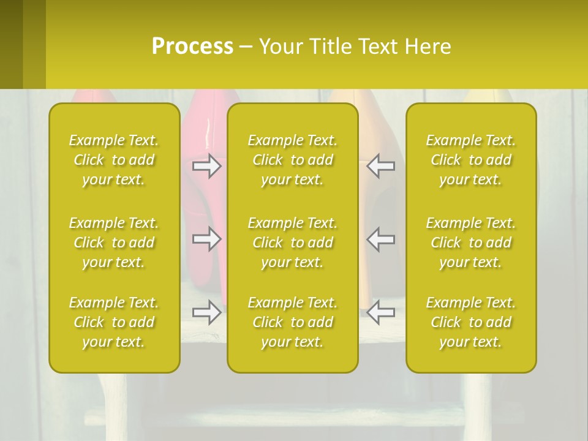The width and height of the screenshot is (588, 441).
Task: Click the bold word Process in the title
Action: [x=192, y=47]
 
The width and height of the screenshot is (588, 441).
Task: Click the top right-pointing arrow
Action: [x=207, y=166]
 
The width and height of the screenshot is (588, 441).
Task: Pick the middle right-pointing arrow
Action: [x=207, y=239]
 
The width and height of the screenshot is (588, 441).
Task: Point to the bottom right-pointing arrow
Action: [x=207, y=312]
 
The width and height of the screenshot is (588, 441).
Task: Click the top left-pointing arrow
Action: [x=381, y=166]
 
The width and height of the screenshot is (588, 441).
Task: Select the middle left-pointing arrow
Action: [x=381, y=239]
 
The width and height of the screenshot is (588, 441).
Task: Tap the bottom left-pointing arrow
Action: [x=381, y=312]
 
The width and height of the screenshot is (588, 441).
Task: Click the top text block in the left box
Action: [x=114, y=160]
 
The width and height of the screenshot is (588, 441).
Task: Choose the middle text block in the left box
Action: [x=114, y=243]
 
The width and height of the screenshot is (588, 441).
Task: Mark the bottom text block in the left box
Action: [x=114, y=322]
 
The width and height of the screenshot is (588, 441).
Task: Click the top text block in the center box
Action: [x=293, y=160]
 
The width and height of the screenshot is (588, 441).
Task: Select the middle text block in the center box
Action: [x=293, y=243]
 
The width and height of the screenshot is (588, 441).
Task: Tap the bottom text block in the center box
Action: [x=293, y=322]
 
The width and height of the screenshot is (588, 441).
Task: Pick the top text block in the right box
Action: [x=471, y=160]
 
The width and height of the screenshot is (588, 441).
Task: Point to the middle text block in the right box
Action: [x=471, y=243]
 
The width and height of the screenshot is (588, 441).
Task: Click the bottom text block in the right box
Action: [x=471, y=322]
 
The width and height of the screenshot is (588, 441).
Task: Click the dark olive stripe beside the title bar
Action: [x=12, y=44]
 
